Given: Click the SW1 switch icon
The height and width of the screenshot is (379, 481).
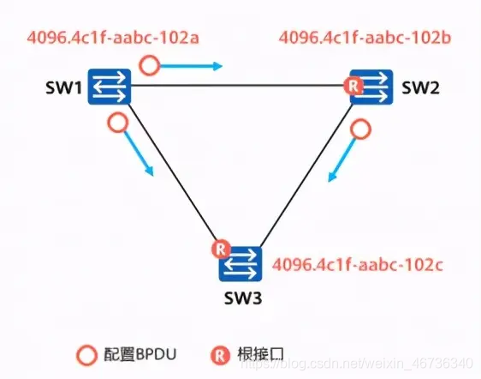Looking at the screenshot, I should [108, 87].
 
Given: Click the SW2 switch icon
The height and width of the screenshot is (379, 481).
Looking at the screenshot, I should [371, 87].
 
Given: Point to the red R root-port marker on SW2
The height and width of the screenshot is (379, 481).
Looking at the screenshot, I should [349, 85].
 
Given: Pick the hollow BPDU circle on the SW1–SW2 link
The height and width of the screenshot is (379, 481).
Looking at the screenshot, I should [151, 64].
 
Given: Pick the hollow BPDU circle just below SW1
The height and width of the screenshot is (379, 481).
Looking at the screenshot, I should [118, 123].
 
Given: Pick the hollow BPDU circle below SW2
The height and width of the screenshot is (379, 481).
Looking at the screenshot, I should [364, 130].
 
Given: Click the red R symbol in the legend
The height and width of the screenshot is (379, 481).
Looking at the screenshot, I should [219, 353].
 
